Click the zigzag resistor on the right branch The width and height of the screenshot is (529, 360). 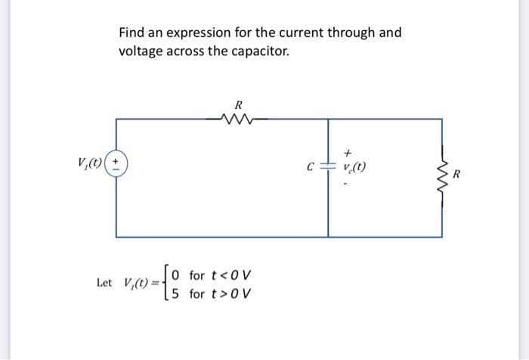pyautogui.click(x=442, y=175)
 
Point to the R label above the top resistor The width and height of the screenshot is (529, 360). pyautogui.click(x=238, y=103)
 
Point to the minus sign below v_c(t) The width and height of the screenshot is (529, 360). pyautogui.click(x=348, y=182)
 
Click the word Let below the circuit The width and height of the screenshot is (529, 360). pyautogui.click(x=105, y=283)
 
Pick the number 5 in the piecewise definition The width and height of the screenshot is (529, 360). pyautogui.click(x=175, y=292)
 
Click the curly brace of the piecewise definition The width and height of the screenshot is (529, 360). pyautogui.click(x=165, y=283)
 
